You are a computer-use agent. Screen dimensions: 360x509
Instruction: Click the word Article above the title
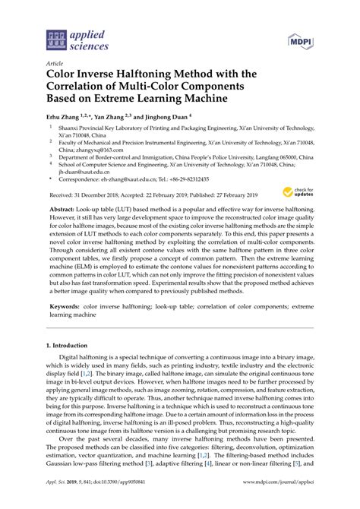[55, 64]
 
